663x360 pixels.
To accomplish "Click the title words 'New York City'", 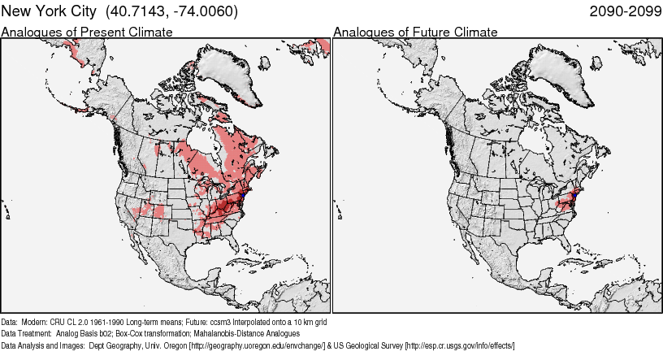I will click(45, 11).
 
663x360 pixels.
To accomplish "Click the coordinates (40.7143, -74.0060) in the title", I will click(167, 11).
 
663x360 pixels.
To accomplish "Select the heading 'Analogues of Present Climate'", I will click(87, 33).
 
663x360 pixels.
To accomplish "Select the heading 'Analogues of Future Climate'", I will click(415, 33).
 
